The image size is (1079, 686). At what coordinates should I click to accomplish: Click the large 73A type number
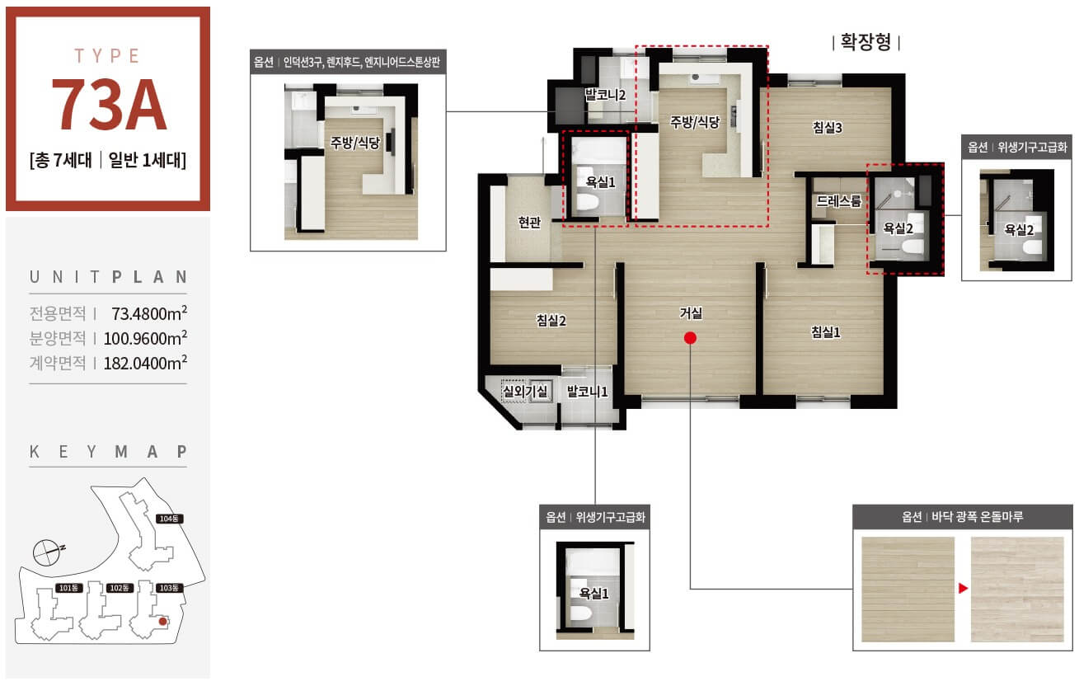[109, 105]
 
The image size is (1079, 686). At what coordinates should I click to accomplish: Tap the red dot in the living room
[690, 338]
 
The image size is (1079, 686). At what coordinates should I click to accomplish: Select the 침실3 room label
[827, 128]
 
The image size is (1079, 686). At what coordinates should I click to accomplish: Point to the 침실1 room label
[826, 332]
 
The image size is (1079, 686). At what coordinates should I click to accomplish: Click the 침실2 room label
[551, 321]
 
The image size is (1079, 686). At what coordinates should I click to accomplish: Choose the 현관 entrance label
[529, 222]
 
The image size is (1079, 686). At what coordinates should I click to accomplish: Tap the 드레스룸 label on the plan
[838, 201]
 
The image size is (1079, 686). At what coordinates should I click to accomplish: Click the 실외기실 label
[524, 391]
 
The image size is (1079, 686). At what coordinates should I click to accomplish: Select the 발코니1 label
[587, 391]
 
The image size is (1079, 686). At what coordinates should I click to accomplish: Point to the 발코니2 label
[605, 95]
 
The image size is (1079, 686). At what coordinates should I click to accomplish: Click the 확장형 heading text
[866, 42]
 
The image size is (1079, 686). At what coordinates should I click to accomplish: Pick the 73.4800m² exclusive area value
[149, 313]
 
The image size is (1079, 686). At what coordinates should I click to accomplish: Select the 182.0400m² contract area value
[145, 362]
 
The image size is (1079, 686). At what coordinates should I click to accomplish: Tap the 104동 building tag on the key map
[169, 519]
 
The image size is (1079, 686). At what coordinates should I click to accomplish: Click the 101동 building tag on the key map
[68, 588]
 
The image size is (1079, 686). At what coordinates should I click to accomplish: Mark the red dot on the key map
[163, 622]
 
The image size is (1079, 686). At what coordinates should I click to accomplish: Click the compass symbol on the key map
[47, 552]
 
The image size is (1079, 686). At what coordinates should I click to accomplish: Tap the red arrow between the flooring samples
[963, 588]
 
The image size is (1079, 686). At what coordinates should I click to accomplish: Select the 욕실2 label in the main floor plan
[898, 228]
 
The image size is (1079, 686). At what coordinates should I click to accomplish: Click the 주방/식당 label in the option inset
[355, 143]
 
